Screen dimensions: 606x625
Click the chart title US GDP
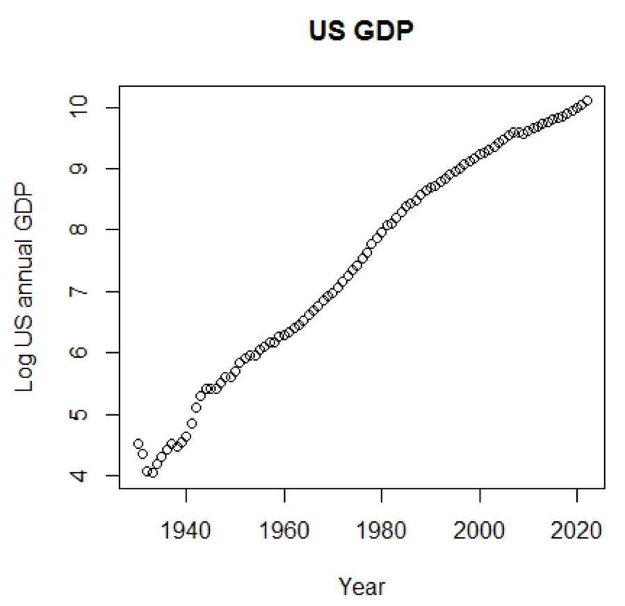tap(361, 31)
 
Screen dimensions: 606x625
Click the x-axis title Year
tap(362, 586)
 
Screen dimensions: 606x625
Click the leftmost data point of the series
tap(138, 443)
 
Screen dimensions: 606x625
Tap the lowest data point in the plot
tap(153, 473)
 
